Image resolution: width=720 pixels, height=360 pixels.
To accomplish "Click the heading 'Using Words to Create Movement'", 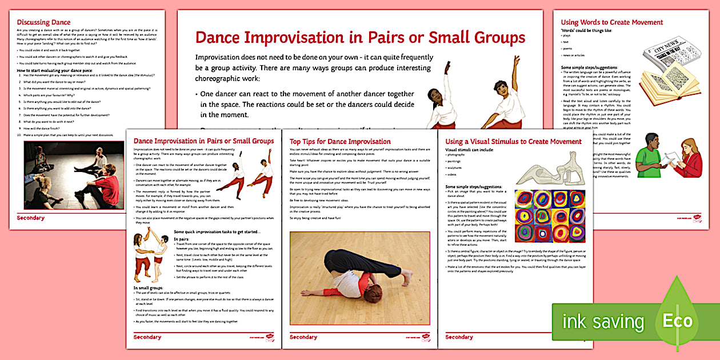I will coord(611,22).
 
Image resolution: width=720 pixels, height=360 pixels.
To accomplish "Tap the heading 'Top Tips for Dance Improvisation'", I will coord(340,141).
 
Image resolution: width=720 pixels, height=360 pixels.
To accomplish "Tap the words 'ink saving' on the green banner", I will coord(603,322).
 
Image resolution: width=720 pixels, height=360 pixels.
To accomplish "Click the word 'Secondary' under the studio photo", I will coord(30,218).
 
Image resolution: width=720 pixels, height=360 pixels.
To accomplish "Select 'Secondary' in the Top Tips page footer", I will coord(303,337).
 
